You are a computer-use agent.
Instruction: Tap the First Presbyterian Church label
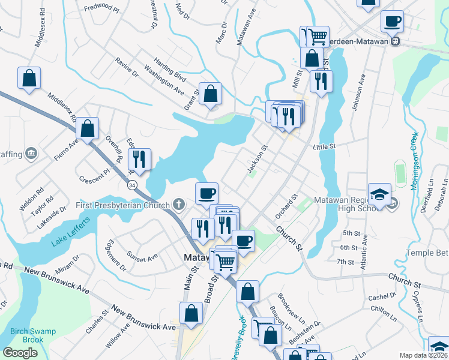(x=124, y=205)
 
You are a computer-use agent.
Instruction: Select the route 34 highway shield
(x=131, y=186)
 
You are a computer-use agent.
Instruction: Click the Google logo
(x=20, y=352)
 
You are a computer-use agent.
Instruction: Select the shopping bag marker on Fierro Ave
(x=88, y=128)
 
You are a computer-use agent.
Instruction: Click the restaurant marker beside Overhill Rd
(x=140, y=159)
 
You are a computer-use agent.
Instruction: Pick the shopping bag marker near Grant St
(x=210, y=94)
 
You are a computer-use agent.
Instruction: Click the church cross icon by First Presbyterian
(x=178, y=205)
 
